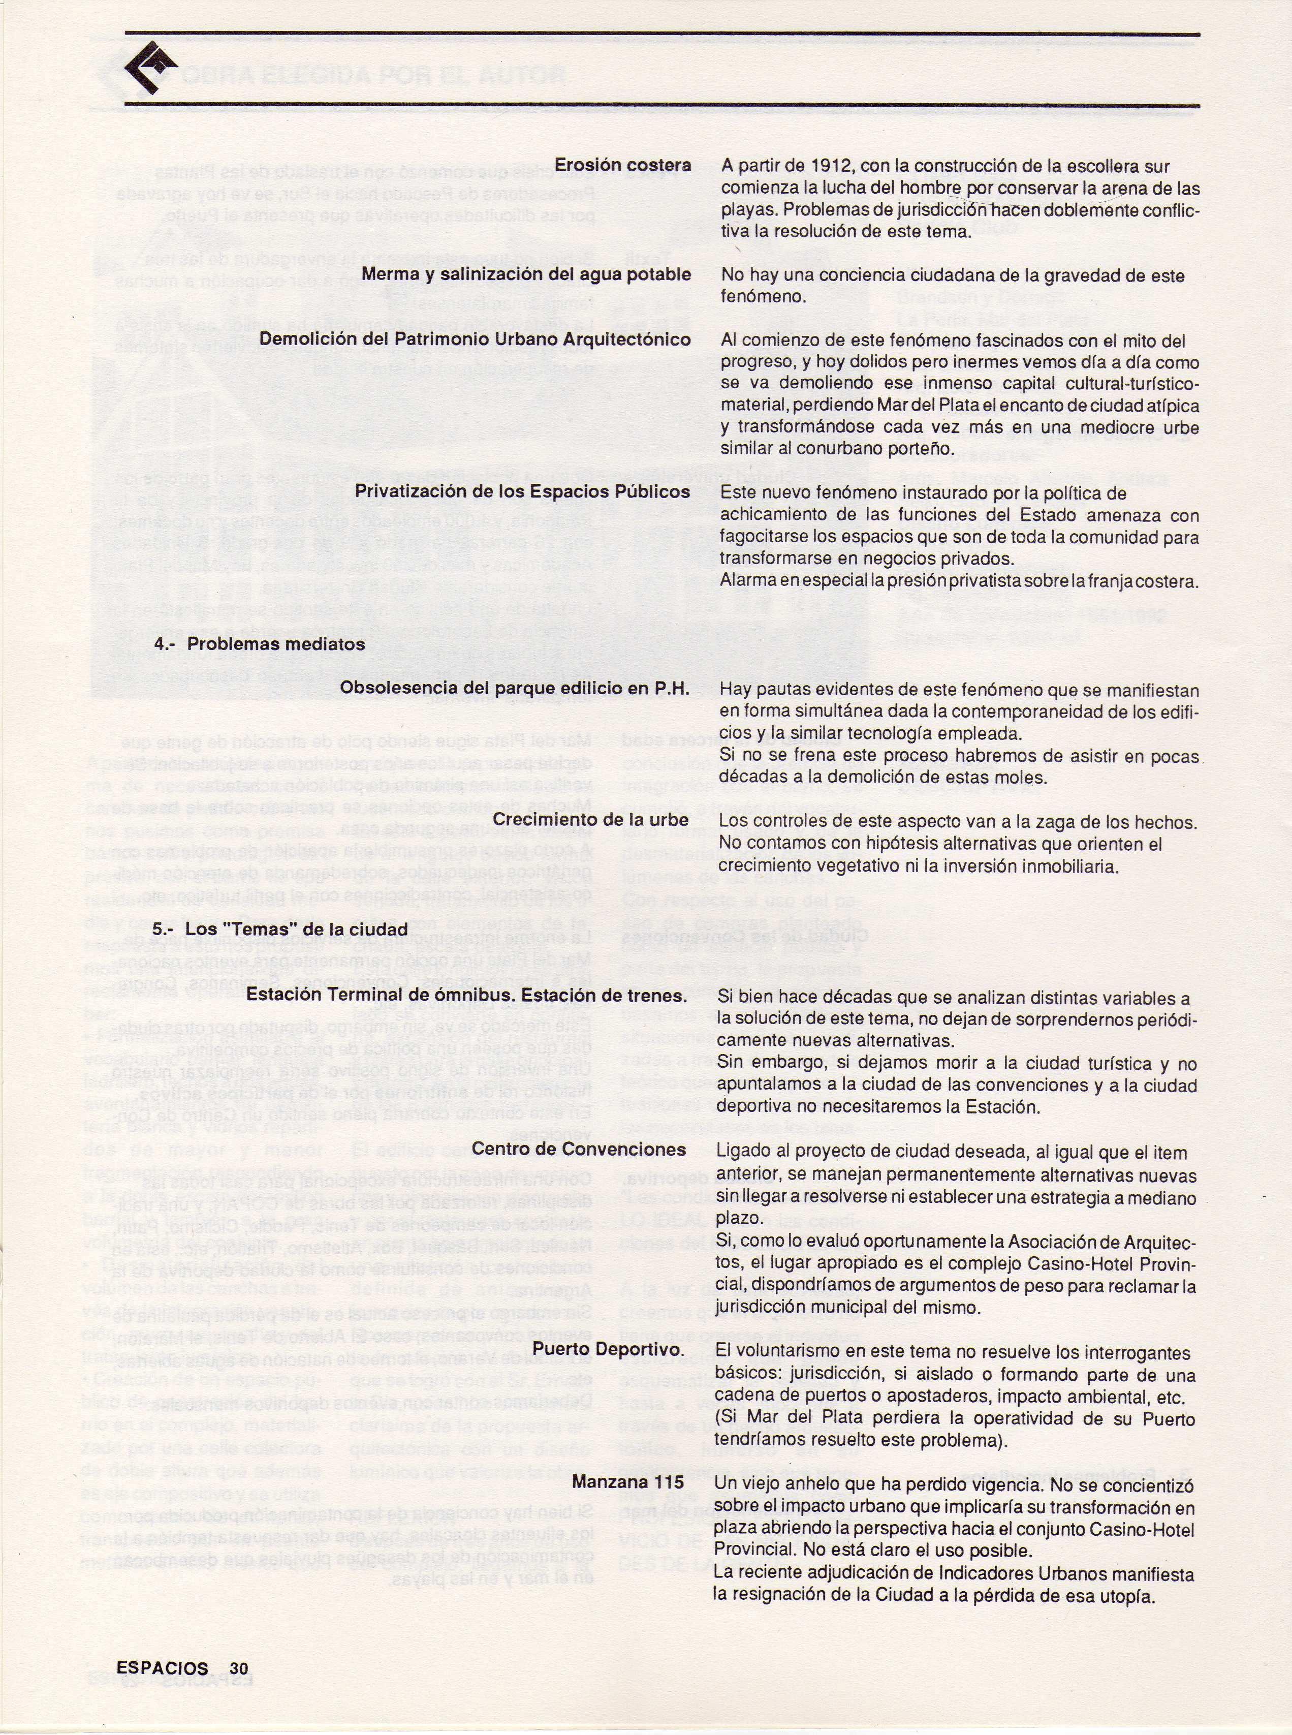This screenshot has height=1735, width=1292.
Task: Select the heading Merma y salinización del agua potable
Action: [525, 274]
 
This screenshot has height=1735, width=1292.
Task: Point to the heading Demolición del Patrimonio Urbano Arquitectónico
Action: [475, 339]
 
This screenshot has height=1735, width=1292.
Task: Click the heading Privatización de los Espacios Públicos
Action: [522, 492]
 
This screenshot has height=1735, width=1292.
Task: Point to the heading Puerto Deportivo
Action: [608, 1350]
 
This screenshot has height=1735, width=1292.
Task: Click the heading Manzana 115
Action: [627, 1481]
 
